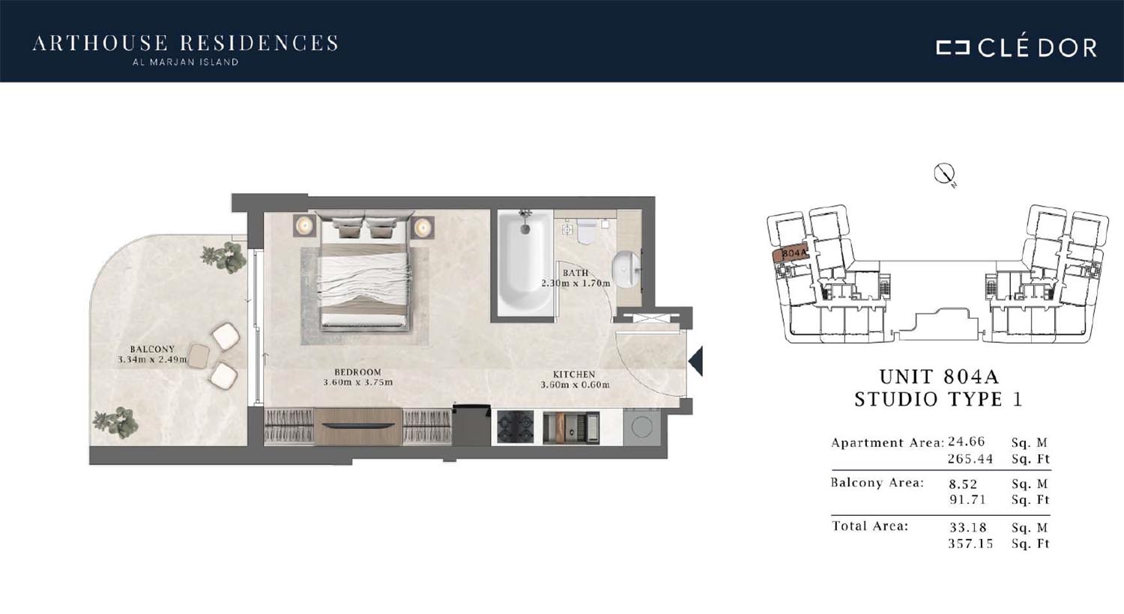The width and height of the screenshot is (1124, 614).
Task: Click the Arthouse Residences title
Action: pyautogui.click(x=186, y=43)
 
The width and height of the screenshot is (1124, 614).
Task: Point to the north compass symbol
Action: pyautogui.click(x=944, y=174)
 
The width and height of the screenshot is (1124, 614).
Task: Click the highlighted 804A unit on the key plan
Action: pyautogui.click(x=791, y=254)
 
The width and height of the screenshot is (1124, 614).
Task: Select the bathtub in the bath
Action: pyautogui.click(x=525, y=263)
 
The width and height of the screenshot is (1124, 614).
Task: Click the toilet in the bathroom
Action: pyautogui.click(x=585, y=231)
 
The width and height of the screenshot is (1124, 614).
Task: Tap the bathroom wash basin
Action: pyautogui.click(x=626, y=270)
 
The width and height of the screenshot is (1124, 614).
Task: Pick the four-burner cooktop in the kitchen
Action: pyautogui.click(x=516, y=427)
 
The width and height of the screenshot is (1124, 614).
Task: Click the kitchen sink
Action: pyautogui.click(x=572, y=428)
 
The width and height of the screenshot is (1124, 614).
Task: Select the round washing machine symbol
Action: pyautogui.click(x=641, y=427)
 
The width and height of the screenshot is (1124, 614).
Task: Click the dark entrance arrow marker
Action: pyautogui.click(x=696, y=361)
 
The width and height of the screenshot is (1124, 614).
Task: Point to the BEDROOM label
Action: pyautogui.click(x=357, y=372)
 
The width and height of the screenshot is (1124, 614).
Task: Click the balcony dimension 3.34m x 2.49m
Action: pyautogui.click(x=153, y=359)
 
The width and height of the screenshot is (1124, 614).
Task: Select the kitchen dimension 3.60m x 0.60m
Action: pyautogui.click(x=575, y=385)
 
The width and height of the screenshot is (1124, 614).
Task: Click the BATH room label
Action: pyautogui.click(x=575, y=273)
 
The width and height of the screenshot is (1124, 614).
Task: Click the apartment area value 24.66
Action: pyautogui.click(x=967, y=442)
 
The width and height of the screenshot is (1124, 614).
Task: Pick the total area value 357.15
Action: pyautogui.click(x=970, y=544)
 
